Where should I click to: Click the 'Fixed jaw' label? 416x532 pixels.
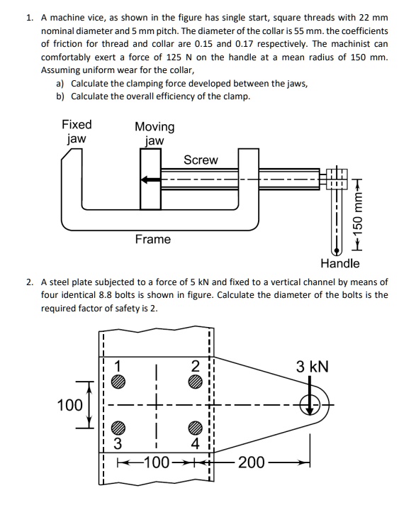[76, 131]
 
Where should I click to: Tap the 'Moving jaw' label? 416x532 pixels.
[154, 133]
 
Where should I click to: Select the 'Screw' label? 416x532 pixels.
[201, 160]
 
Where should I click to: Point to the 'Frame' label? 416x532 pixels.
[153, 239]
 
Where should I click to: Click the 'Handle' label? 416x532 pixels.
[339, 264]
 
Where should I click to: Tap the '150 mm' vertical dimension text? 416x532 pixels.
[359, 214]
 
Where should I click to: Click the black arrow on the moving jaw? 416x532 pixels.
[150, 180]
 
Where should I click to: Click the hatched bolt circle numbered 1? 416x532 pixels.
[120, 381]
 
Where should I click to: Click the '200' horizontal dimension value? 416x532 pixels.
[252, 463]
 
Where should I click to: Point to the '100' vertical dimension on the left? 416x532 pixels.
[70, 405]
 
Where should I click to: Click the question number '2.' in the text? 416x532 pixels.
[30, 282]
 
